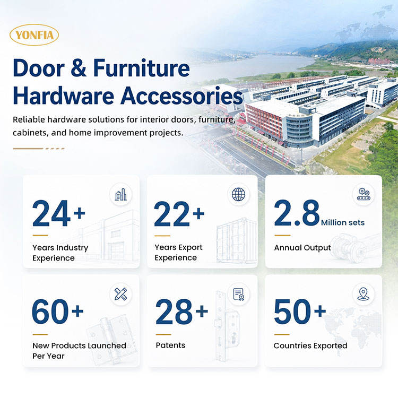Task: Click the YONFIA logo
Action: pos(34,35)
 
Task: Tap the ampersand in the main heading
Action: pos(79,68)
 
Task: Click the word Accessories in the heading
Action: pos(181,96)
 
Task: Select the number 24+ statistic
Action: pos(59,213)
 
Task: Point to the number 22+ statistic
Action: pos(179,213)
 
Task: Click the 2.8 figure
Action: pos(297,213)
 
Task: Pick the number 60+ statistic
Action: pos(58,311)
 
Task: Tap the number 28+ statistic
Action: pos(181,312)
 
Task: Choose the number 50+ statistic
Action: pos(300,311)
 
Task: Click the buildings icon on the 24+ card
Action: pos(120,195)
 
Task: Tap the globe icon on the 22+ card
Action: pos(239,194)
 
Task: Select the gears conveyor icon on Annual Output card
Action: pos(364,194)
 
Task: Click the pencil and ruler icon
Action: pos(120,294)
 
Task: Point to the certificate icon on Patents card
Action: pos(239,294)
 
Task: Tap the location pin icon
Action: pos(363,294)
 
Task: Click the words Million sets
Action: pos(343,222)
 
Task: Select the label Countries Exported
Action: pos(310,345)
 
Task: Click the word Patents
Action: pos(170,345)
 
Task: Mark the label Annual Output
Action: pos(302,248)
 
